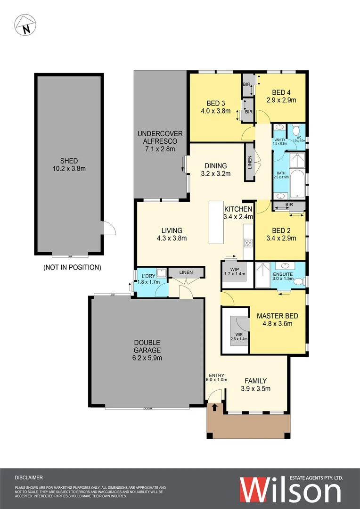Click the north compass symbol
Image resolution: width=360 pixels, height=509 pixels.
(25, 25)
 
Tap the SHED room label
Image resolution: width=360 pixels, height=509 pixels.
(66, 160)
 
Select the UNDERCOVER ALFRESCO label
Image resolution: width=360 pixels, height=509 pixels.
(160, 134)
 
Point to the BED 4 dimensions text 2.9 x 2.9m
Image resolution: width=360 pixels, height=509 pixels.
(280, 100)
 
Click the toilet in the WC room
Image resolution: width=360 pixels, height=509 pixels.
(295, 129)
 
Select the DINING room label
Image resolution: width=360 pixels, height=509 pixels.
(216, 165)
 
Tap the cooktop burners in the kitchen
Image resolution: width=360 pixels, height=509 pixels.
(248, 243)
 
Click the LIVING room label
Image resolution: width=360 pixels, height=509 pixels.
(172, 230)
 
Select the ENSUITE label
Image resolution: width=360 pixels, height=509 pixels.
(283, 274)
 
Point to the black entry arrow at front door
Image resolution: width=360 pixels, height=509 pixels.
(215, 406)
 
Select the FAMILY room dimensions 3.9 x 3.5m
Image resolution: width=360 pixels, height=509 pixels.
(255, 389)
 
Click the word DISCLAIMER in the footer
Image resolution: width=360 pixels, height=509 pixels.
(29, 477)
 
